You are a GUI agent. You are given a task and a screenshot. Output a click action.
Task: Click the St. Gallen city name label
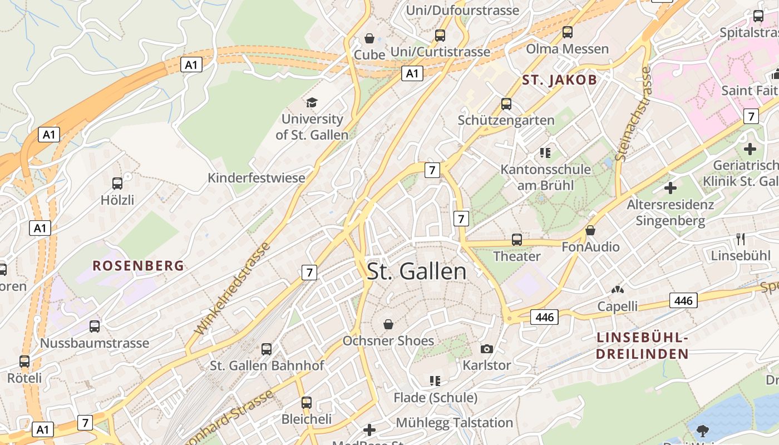coord(417,271)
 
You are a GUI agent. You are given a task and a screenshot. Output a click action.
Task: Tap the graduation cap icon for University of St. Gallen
coord(312,102)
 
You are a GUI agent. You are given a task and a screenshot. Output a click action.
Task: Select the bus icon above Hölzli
coord(117,183)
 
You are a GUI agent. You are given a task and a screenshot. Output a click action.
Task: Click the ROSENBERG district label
coord(138,266)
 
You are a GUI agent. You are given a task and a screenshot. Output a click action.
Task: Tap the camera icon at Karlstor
coord(486,349)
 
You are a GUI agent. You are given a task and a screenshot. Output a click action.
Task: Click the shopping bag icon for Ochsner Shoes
coord(388,324)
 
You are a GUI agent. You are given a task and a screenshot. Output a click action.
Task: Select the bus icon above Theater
coord(517,240)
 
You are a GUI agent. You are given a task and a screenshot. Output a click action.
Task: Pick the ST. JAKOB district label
coord(559,80)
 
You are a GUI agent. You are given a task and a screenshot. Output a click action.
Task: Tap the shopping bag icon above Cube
coord(369,38)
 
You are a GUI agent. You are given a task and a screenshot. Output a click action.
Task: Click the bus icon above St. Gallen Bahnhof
coord(267,349)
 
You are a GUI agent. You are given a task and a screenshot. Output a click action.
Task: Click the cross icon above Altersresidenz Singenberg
coord(670,188)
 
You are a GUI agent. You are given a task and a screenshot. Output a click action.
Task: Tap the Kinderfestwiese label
coord(257,178)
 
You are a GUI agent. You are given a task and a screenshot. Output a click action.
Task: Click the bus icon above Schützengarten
coord(506,103)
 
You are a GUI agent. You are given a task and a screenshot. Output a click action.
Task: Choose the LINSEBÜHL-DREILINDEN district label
coord(642,345)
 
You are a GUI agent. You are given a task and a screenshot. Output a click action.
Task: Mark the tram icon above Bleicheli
coord(306,402)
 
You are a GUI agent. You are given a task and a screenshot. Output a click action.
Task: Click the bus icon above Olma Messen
coord(567,32)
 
